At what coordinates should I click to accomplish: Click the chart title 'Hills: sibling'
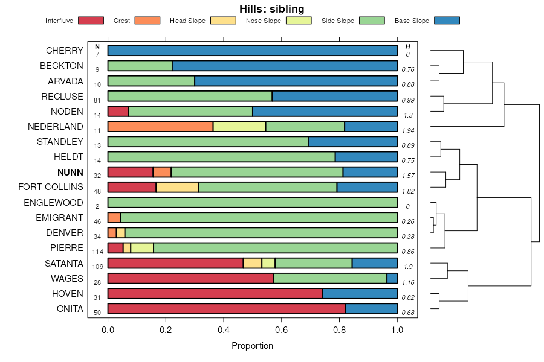(271, 8)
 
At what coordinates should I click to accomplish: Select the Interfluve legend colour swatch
(90, 21)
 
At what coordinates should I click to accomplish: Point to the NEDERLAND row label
(56, 127)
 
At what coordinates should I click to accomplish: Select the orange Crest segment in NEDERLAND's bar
(160, 126)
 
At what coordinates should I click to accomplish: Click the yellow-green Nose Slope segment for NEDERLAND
(239, 126)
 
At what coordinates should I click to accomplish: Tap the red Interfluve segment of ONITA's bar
(226, 309)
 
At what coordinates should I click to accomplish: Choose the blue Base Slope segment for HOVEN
(360, 294)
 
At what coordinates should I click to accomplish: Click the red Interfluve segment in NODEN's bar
(118, 111)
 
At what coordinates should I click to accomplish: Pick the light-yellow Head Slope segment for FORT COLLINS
(177, 187)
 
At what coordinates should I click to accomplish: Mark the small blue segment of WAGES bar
(392, 278)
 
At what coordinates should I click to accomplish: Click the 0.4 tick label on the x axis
(224, 330)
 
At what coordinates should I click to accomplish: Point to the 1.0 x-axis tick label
(397, 330)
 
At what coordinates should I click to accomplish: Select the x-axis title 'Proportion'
(252, 346)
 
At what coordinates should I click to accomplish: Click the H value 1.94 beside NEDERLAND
(408, 130)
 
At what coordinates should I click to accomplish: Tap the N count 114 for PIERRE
(97, 252)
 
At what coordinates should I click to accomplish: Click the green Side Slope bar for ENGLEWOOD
(252, 202)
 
